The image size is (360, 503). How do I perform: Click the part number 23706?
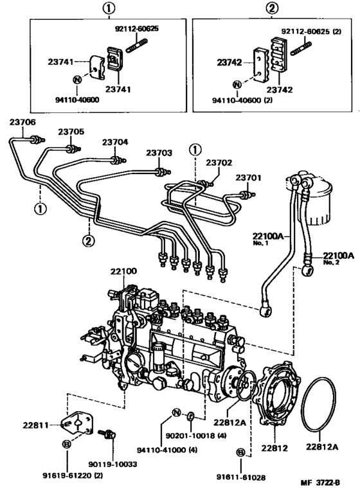[22, 122]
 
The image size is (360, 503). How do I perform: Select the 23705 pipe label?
[71, 132]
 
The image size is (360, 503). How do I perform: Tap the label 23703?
[158, 153]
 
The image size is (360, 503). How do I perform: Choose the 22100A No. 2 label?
[338, 256]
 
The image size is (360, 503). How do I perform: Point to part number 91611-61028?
[240, 478]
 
